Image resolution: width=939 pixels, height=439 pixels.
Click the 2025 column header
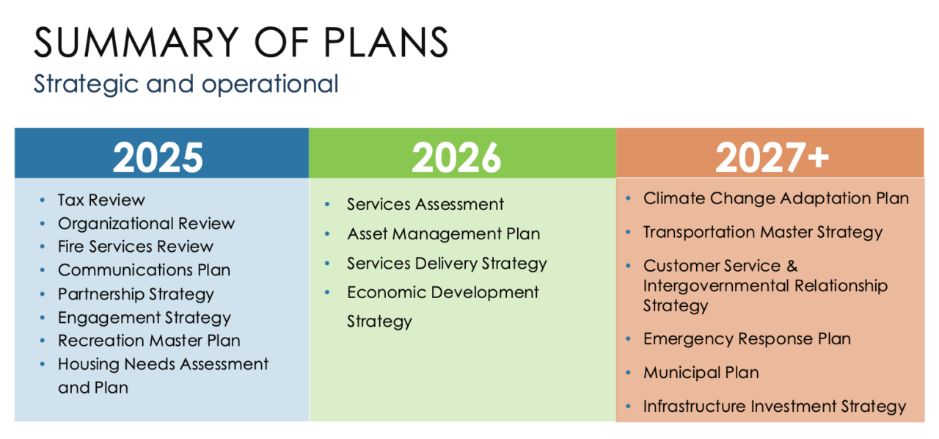pos(158,157)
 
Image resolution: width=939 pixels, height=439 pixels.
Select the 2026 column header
pos(456,157)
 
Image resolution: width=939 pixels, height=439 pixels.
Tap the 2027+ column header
pos(772,157)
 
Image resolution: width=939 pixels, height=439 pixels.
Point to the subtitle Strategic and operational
pos(186,84)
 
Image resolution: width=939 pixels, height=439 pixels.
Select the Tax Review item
pos(101,200)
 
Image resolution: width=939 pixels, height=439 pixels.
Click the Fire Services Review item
pos(136,247)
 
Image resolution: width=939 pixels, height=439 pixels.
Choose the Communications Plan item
pos(145,270)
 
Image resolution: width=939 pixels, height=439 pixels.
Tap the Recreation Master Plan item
pos(149,341)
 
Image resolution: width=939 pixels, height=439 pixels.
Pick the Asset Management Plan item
pos(444,234)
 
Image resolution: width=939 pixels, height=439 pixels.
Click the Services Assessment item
pos(425,204)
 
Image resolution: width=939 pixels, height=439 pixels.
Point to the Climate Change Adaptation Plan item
pos(776,198)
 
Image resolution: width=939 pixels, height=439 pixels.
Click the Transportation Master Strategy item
pos(763,233)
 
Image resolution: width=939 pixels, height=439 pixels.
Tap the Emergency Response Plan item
pos(747,339)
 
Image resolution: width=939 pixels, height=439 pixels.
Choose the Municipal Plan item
pos(701,373)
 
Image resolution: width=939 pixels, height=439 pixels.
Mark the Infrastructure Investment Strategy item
pos(775,407)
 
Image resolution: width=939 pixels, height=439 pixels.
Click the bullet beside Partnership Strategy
pos(43,294)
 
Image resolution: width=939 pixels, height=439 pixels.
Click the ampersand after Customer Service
pos(792,266)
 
